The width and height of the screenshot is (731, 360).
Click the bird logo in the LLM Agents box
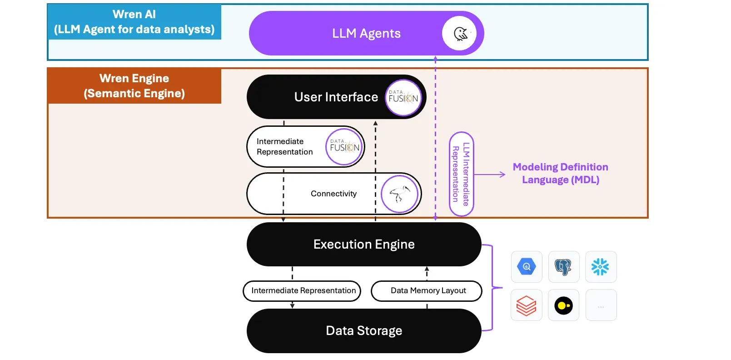coord(459,33)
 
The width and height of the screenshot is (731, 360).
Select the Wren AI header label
coord(134,22)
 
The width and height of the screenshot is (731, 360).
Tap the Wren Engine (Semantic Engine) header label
coord(134,86)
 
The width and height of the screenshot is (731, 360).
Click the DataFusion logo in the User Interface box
coord(403,97)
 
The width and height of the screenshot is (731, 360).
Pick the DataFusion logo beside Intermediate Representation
coord(344,146)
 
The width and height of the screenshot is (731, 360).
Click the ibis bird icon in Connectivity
coord(399,194)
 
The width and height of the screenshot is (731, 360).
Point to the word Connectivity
coord(333,194)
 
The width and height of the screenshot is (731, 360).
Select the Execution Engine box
coord(363,245)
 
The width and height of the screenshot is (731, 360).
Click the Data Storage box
coord(363,331)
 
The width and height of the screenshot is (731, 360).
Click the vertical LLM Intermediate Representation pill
coord(461,174)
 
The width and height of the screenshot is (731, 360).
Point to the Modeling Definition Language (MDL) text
coord(560,173)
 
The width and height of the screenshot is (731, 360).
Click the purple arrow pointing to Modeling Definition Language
coord(490,175)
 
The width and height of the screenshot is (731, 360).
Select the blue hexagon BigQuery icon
coord(527,267)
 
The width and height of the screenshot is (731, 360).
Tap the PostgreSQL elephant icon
coord(563,267)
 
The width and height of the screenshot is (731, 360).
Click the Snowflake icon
coord(601,267)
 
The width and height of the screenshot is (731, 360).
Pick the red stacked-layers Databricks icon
coord(527,305)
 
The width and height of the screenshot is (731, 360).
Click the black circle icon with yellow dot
coord(563,305)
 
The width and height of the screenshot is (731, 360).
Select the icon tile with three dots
coord(601,305)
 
